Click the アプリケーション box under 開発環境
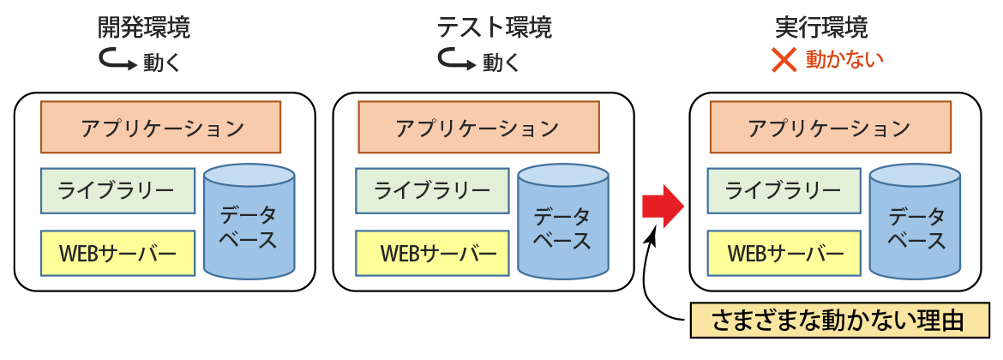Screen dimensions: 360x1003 [160, 128]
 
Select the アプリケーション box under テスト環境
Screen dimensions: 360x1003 [477, 128]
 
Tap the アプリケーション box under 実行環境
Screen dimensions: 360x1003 [829, 128]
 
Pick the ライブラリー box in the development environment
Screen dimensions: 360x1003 [118, 191]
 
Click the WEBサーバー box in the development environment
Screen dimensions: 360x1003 [118, 254]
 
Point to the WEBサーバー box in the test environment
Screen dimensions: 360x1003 [433, 254]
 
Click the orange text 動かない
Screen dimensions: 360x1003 [844, 59]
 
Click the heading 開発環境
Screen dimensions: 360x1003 [143, 27]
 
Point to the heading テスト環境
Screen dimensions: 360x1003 [495, 27]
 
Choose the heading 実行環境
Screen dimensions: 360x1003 [821, 27]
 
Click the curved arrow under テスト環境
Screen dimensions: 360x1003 [456, 60]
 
